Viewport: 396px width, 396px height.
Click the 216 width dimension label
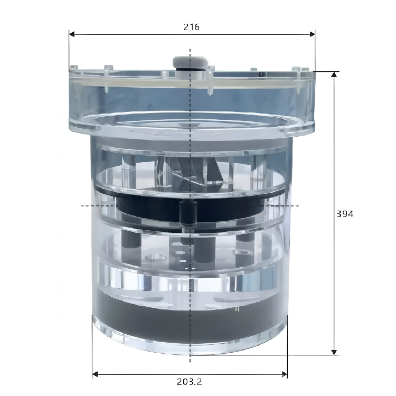[192, 27]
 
